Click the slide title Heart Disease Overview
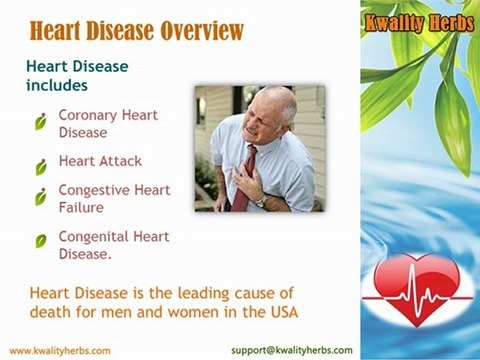click(x=137, y=30)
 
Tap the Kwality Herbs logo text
click(x=419, y=22)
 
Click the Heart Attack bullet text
click(x=100, y=160)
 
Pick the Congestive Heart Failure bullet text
click(x=114, y=198)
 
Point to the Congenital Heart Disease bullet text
click(x=114, y=245)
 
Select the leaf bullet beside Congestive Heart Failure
click(x=41, y=196)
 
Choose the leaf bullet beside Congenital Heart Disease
click(x=41, y=241)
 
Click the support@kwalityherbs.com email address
click(x=291, y=350)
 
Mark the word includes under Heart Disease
click(x=57, y=85)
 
